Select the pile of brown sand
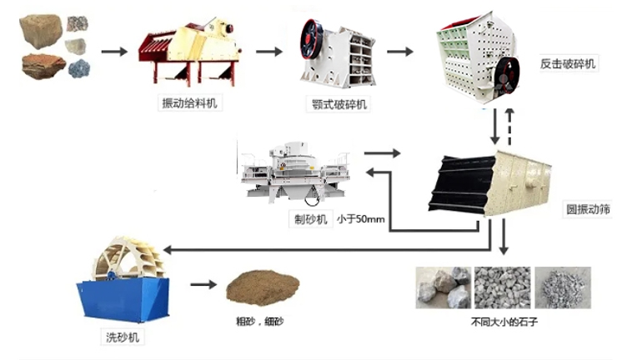[x=256, y=287]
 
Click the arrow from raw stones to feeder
[x=113, y=52]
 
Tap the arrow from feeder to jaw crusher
[x=268, y=52]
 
